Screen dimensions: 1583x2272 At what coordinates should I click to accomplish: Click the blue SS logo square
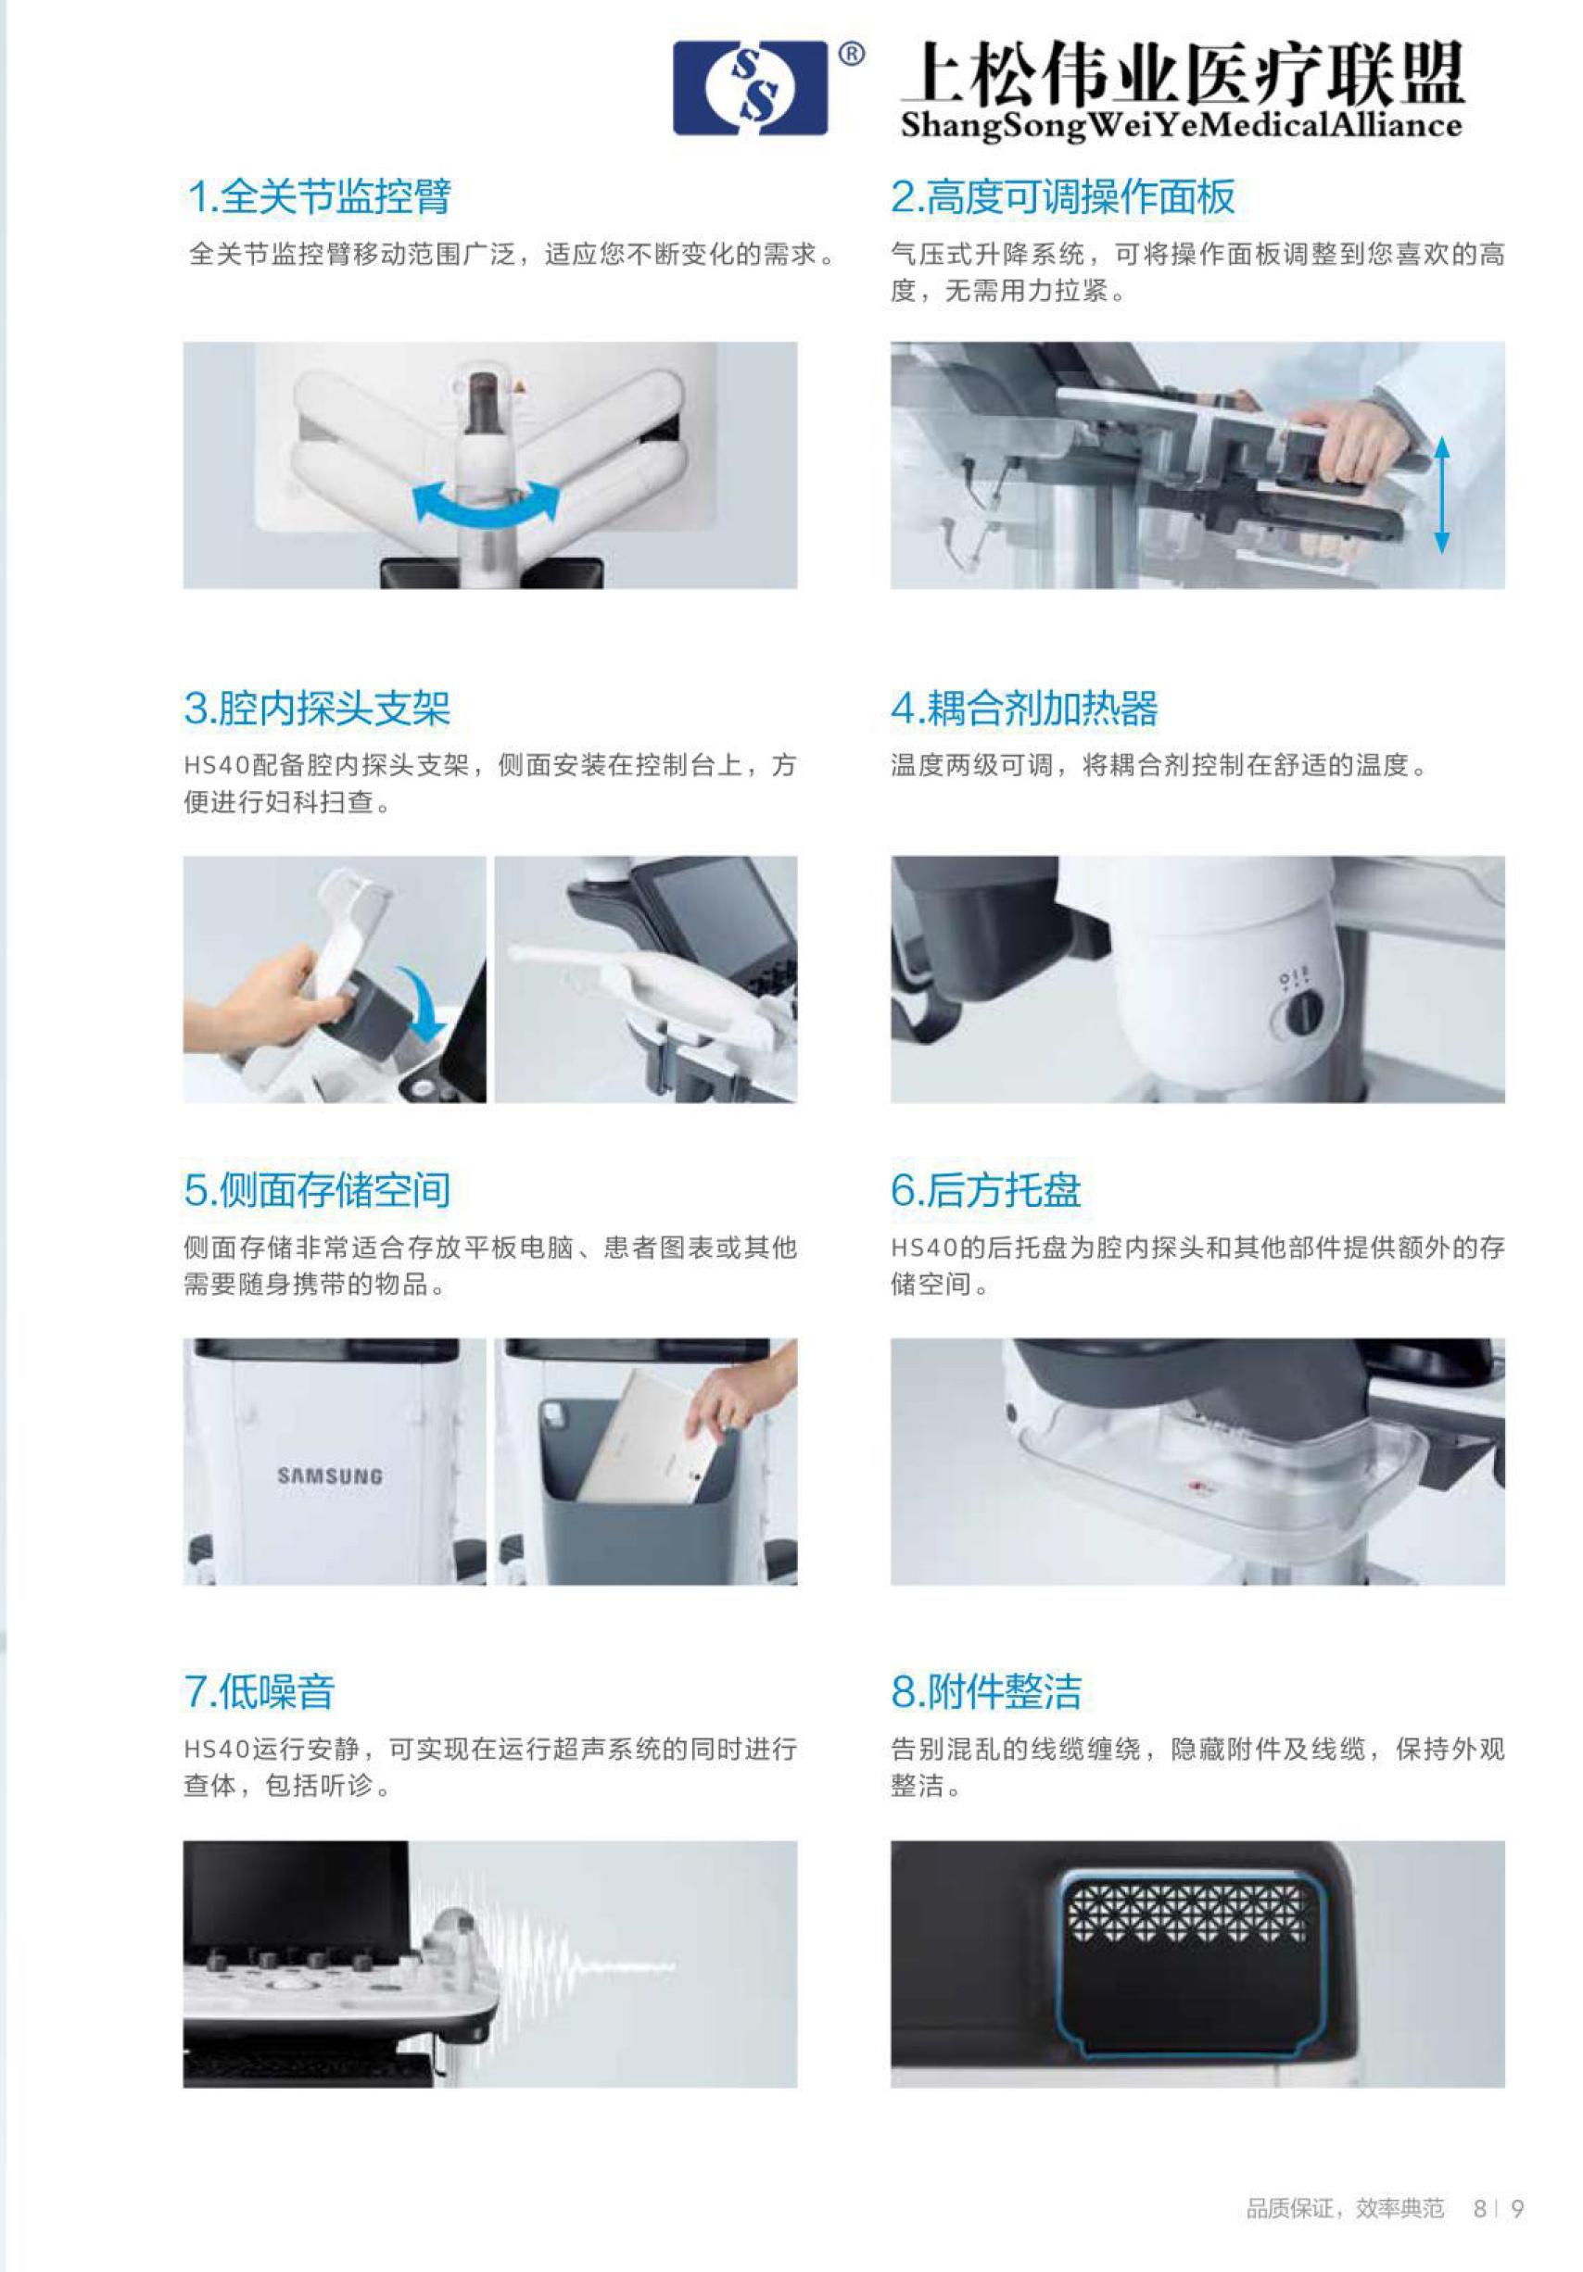coord(750,88)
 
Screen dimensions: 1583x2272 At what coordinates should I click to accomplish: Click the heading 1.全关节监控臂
coord(319,196)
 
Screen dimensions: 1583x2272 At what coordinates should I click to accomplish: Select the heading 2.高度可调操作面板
coord(1062,196)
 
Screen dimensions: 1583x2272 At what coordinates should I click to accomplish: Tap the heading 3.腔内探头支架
coord(317,708)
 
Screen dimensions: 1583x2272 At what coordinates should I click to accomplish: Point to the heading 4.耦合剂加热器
coord(1023,708)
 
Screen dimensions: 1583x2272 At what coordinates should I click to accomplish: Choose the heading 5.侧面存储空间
coord(317,1189)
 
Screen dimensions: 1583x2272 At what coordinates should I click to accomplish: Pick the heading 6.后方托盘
coord(985,1189)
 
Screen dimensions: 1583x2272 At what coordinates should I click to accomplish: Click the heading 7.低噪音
coord(260,1691)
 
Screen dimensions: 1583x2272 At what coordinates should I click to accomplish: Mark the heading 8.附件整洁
coord(985,1691)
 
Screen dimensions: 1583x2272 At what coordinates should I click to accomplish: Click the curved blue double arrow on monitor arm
coord(486,510)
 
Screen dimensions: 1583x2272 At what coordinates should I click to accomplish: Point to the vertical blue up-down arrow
coord(1441,495)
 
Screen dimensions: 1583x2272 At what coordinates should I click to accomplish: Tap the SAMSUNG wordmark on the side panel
coord(330,1476)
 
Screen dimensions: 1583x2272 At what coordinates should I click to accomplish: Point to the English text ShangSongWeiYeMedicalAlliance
coord(1181,126)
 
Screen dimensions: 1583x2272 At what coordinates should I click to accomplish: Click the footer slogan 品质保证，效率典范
coord(1345,2209)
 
